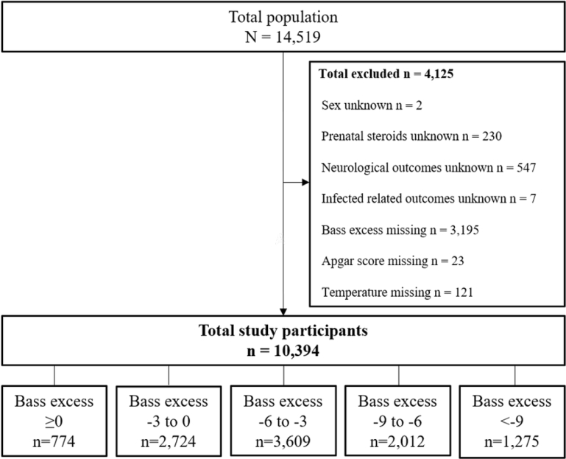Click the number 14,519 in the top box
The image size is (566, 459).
click(298, 38)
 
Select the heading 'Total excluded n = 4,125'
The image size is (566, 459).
click(386, 74)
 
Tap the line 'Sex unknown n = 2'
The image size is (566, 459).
click(372, 105)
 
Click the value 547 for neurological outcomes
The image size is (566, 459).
click(526, 168)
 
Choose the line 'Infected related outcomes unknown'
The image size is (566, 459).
click(414, 199)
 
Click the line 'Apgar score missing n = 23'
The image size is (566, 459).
click(393, 261)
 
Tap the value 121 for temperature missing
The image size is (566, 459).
click(464, 292)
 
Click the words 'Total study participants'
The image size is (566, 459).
click(283, 331)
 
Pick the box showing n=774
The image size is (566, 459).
click(54, 421)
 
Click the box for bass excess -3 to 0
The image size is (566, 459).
click(169, 421)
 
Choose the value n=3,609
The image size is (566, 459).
click(283, 441)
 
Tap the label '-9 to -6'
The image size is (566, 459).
click(397, 421)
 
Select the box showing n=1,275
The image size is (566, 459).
click(512, 421)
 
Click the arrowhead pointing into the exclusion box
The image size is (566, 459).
click(305, 182)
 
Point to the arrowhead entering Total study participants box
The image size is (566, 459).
click(283, 312)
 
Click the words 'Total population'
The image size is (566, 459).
click(283, 17)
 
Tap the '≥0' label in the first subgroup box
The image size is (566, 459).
click(54, 421)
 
